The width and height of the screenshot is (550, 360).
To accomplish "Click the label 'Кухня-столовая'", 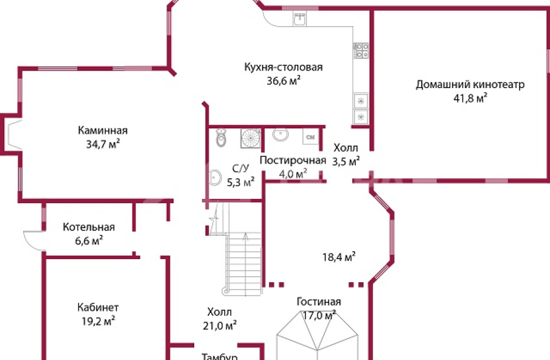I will point(283,67).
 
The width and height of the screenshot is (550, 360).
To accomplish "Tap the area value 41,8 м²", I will point(470,97).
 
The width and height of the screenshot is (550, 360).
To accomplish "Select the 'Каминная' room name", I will point(103,131).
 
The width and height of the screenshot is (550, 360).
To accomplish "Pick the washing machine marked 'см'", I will point(309,137).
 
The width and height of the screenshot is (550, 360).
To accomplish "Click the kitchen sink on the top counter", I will point(299,19).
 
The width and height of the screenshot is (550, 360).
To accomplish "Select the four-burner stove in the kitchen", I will point(361,50).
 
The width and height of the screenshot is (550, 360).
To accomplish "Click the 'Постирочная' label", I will point(293,160).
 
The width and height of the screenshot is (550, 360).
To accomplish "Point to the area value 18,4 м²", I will point(339,257).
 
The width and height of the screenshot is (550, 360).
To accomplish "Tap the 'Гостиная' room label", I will point(319,302).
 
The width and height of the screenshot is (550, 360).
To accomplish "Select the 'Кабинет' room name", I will point(98,308).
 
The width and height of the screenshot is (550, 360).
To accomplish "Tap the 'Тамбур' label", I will point(220,357).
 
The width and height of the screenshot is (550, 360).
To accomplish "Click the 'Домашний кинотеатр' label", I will point(470,84).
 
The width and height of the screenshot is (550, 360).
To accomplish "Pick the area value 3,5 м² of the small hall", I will point(346,161).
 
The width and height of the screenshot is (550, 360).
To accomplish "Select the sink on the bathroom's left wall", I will point(214,178).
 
